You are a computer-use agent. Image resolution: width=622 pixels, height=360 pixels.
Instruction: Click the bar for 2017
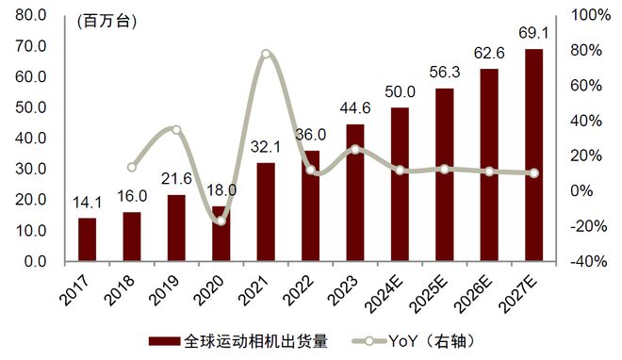[x=87, y=239]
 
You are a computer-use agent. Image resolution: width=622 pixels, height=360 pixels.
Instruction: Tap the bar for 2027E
[x=533, y=155]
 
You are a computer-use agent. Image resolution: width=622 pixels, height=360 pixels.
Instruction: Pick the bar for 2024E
[x=400, y=184]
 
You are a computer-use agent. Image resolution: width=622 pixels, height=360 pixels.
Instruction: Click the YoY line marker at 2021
[x=266, y=54]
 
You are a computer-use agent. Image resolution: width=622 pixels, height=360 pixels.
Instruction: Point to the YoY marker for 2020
[x=221, y=221]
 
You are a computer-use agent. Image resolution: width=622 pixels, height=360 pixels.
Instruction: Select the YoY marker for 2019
[x=176, y=129]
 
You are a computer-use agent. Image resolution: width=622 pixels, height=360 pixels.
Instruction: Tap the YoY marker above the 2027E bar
[x=533, y=173]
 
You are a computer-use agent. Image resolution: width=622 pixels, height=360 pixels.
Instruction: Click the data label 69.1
[x=533, y=35]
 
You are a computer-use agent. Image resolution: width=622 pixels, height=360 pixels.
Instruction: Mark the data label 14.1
[x=87, y=203]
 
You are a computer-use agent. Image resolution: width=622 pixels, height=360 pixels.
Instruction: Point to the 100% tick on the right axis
[x=589, y=16]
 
